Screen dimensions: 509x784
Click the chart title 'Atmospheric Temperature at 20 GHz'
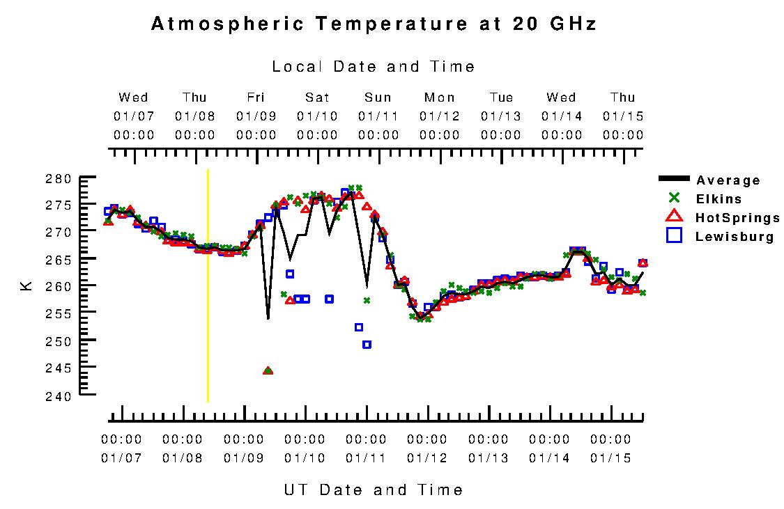[x=374, y=24]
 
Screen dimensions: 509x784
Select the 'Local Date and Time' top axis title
[x=374, y=67]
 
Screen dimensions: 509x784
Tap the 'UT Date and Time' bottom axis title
[x=374, y=490]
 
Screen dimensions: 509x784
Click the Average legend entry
[x=728, y=181]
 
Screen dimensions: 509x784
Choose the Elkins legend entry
[x=718, y=199]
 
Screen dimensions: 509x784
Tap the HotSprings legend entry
[x=737, y=218]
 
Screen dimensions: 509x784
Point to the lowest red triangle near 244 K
[x=268, y=371]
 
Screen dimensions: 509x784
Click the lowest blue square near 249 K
[x=367, y=345]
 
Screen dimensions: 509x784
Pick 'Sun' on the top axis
[x=378, y=97]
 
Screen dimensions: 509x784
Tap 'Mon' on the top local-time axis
[x=440, y=97]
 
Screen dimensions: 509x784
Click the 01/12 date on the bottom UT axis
[x=427, y=458]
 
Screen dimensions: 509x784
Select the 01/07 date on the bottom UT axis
[x=121, y=458]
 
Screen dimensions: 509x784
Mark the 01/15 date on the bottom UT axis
[x=610, y=458]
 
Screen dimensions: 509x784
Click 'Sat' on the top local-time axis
[x=317, y=97]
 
